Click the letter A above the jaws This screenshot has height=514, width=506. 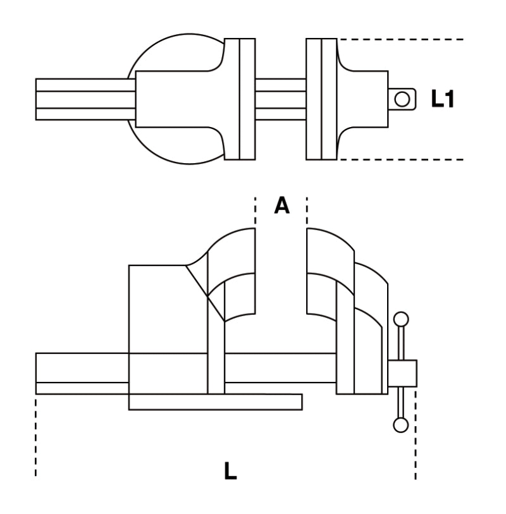[281, 205]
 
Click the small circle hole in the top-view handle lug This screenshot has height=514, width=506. [400, 99]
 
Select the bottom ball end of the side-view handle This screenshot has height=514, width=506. [400, 425]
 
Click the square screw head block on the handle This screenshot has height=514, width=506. [402, 372]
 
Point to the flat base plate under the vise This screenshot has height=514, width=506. [215, 401]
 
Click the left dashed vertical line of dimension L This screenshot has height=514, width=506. [36, 436]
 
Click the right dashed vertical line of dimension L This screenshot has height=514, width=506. [416, 436]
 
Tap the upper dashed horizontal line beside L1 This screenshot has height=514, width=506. [405, 39]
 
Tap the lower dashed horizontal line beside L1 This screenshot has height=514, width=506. [405, 159]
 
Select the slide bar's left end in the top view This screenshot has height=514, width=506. [47, 99]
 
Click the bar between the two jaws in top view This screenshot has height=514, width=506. [280, 99]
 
